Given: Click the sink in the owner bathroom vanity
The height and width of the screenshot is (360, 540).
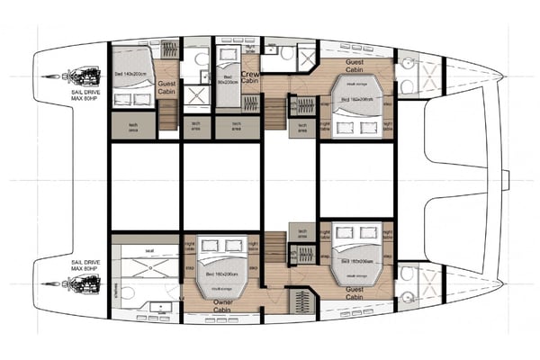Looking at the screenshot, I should (x=161, y=307).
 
